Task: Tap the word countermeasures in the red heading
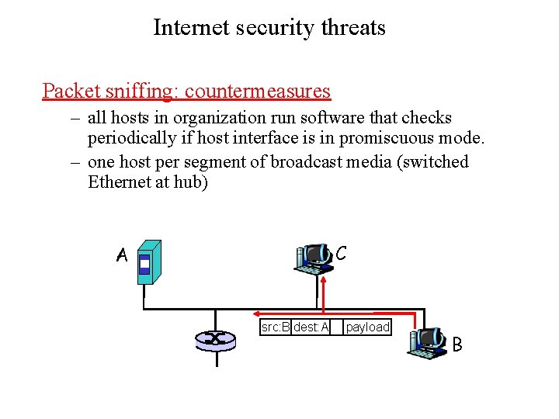[258, 91]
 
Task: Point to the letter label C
[341, 253]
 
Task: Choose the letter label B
[457, 344]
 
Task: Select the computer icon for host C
[314, 258]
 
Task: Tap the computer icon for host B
[426, 342]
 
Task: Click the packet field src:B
[275, 327]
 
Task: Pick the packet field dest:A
[311, 327]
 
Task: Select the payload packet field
[367, 327]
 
